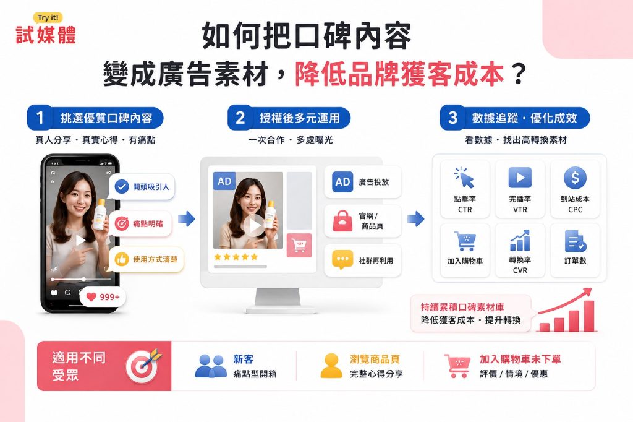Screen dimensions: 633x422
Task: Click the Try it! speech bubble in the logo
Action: [48, 18]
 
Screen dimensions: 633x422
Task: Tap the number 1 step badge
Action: [40, 118]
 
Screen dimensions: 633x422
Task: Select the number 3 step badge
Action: [452, 118]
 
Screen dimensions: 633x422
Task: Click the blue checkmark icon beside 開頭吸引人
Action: [122, 187]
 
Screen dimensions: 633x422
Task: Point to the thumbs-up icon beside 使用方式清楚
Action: [121, 259]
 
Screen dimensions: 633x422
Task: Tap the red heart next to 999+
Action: [91, 297]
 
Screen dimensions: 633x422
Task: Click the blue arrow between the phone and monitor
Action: [186, 218]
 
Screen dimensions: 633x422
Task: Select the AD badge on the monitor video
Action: [224, 181]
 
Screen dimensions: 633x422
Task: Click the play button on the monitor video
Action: [254, 226]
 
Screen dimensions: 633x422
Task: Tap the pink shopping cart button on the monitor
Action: [299, 245]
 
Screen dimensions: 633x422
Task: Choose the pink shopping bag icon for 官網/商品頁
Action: [342, 221]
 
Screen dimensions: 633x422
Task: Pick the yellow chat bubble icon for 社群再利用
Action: [342, 260]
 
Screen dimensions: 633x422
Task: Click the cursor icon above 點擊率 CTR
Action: [464, 178]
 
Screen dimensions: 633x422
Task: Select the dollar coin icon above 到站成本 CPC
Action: [575, 178]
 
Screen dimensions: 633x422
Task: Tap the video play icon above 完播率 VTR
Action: [520, 178]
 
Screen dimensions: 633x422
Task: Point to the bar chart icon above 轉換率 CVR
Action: [520, 241]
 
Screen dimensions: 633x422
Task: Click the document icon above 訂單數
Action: [576, 241]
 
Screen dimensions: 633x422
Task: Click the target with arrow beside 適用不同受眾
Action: [143, 366]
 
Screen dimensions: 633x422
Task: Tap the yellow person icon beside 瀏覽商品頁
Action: [331, 366]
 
